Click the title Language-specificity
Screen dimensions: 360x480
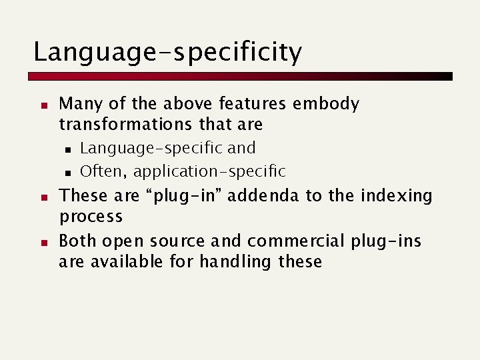click(167, 52)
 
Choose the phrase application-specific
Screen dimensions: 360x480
click(209, 172)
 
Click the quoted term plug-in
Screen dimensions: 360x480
click(198, 196)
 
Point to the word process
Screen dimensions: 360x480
click(91, 217)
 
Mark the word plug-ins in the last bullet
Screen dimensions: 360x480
click(391, 241)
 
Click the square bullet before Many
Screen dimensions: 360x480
click(41, 105)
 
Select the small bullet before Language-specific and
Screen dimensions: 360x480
click(67, 149)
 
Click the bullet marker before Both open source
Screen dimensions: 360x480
click(41, 241)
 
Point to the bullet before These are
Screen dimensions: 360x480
click(41, 197)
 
